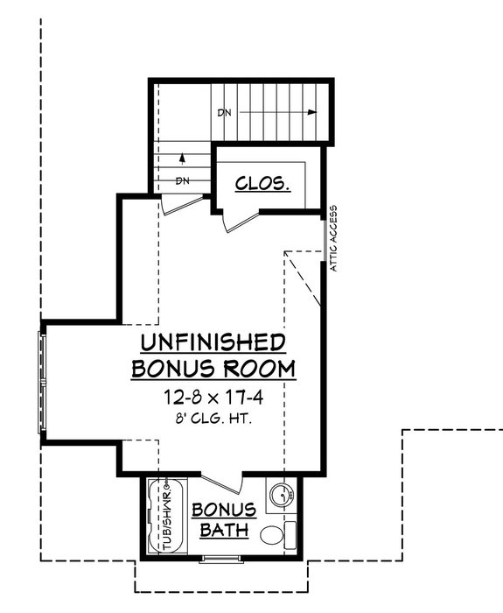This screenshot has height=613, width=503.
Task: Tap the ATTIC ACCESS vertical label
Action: (333, 237)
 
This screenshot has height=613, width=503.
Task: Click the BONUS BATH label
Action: (224, 519)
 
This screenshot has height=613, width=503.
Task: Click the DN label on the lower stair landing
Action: (183, 181)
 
